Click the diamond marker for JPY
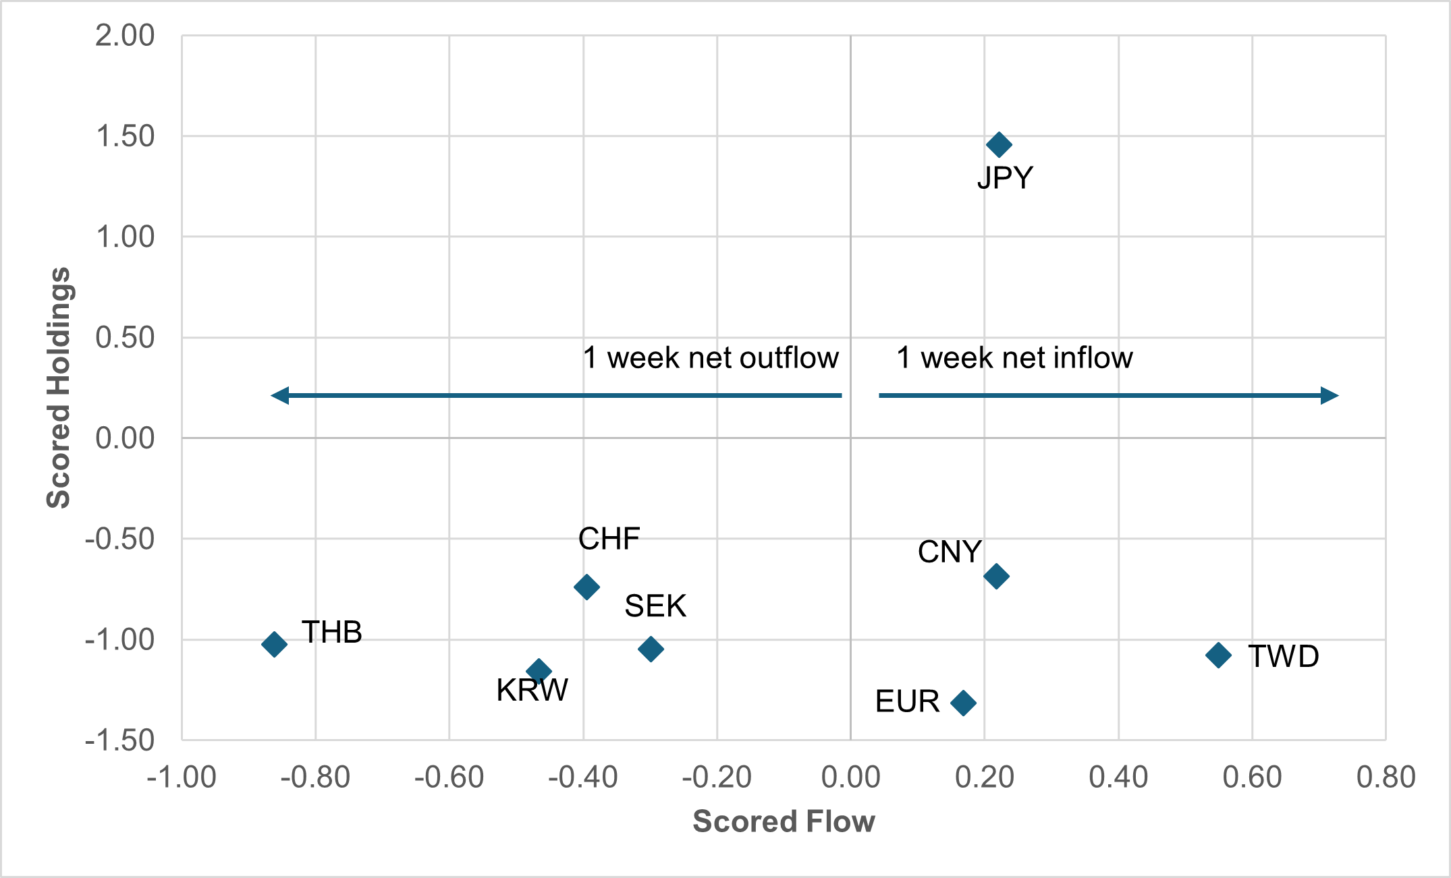click(999, 144)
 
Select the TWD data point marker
click(1218, 655)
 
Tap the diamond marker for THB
click(274, 644)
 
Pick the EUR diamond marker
click(963, 703)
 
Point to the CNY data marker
click(996, 576)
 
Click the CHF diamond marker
click(586, 587)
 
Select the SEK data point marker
click(651, 649)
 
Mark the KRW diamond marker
click(539, 671)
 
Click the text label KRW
click(532, 691)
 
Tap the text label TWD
click(1283, 656)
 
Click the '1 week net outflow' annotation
click(711, 358)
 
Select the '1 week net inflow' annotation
click(1014, 358)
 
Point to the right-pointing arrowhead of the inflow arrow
click(1329, 395)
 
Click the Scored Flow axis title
click(784, 821)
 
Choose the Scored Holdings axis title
click(59, 388)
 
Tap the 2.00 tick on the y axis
click(125, 36)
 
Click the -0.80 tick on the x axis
click(315, 778)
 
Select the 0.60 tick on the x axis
click(1252, 778)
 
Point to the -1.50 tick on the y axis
click(119, 740)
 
